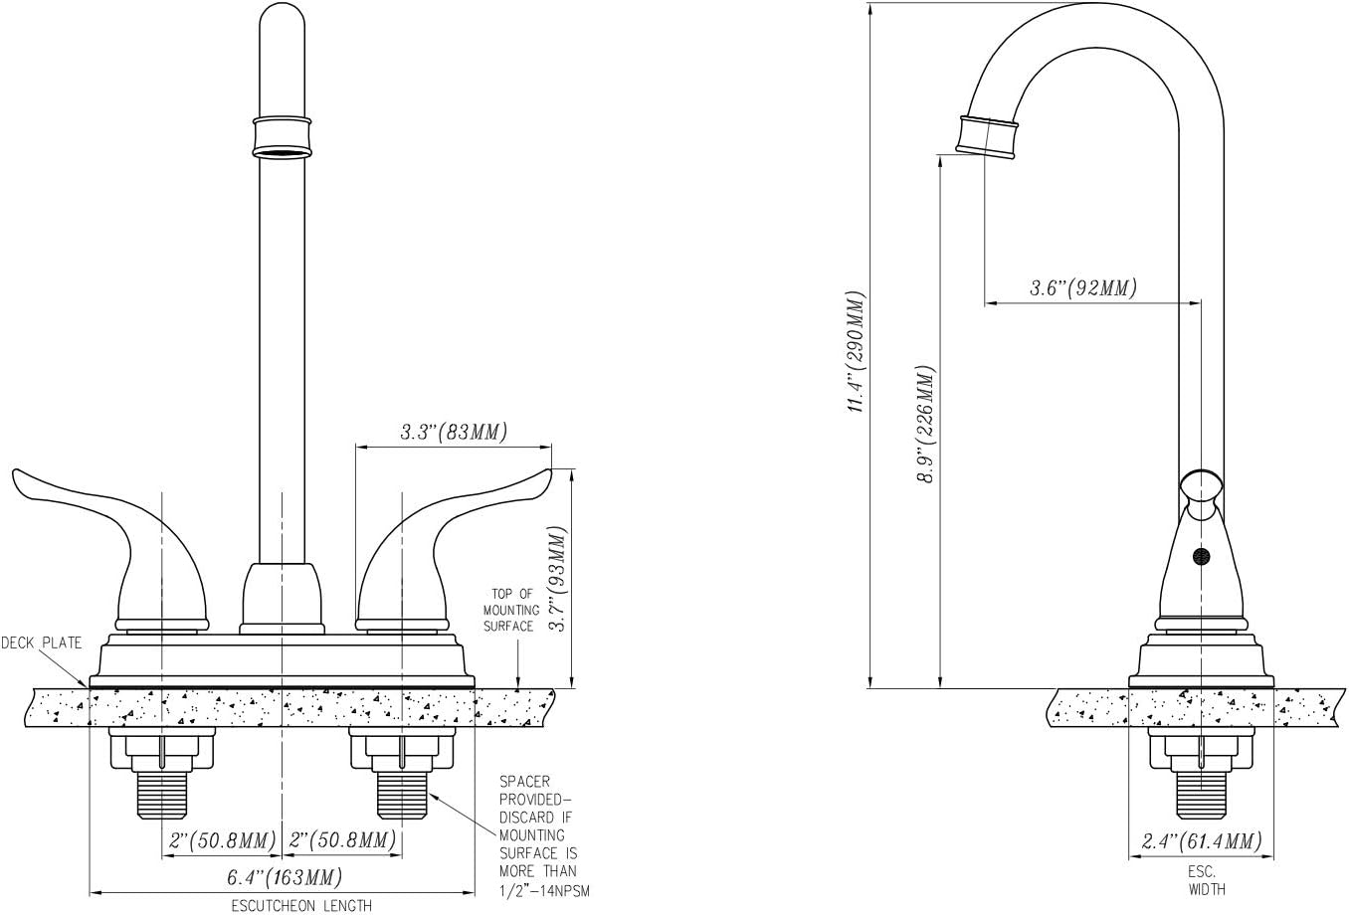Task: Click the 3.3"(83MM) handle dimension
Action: coord(454,432)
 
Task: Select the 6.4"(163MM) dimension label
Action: coord(285,877)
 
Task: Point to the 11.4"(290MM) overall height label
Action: coord(856,352)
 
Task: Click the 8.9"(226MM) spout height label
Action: coord(925,425)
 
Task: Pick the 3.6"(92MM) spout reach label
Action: coord(1082,287)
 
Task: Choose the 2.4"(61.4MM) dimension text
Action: coord(1201,840)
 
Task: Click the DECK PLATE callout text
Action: coord(41,643)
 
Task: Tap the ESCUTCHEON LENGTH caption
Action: coord(301,906)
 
